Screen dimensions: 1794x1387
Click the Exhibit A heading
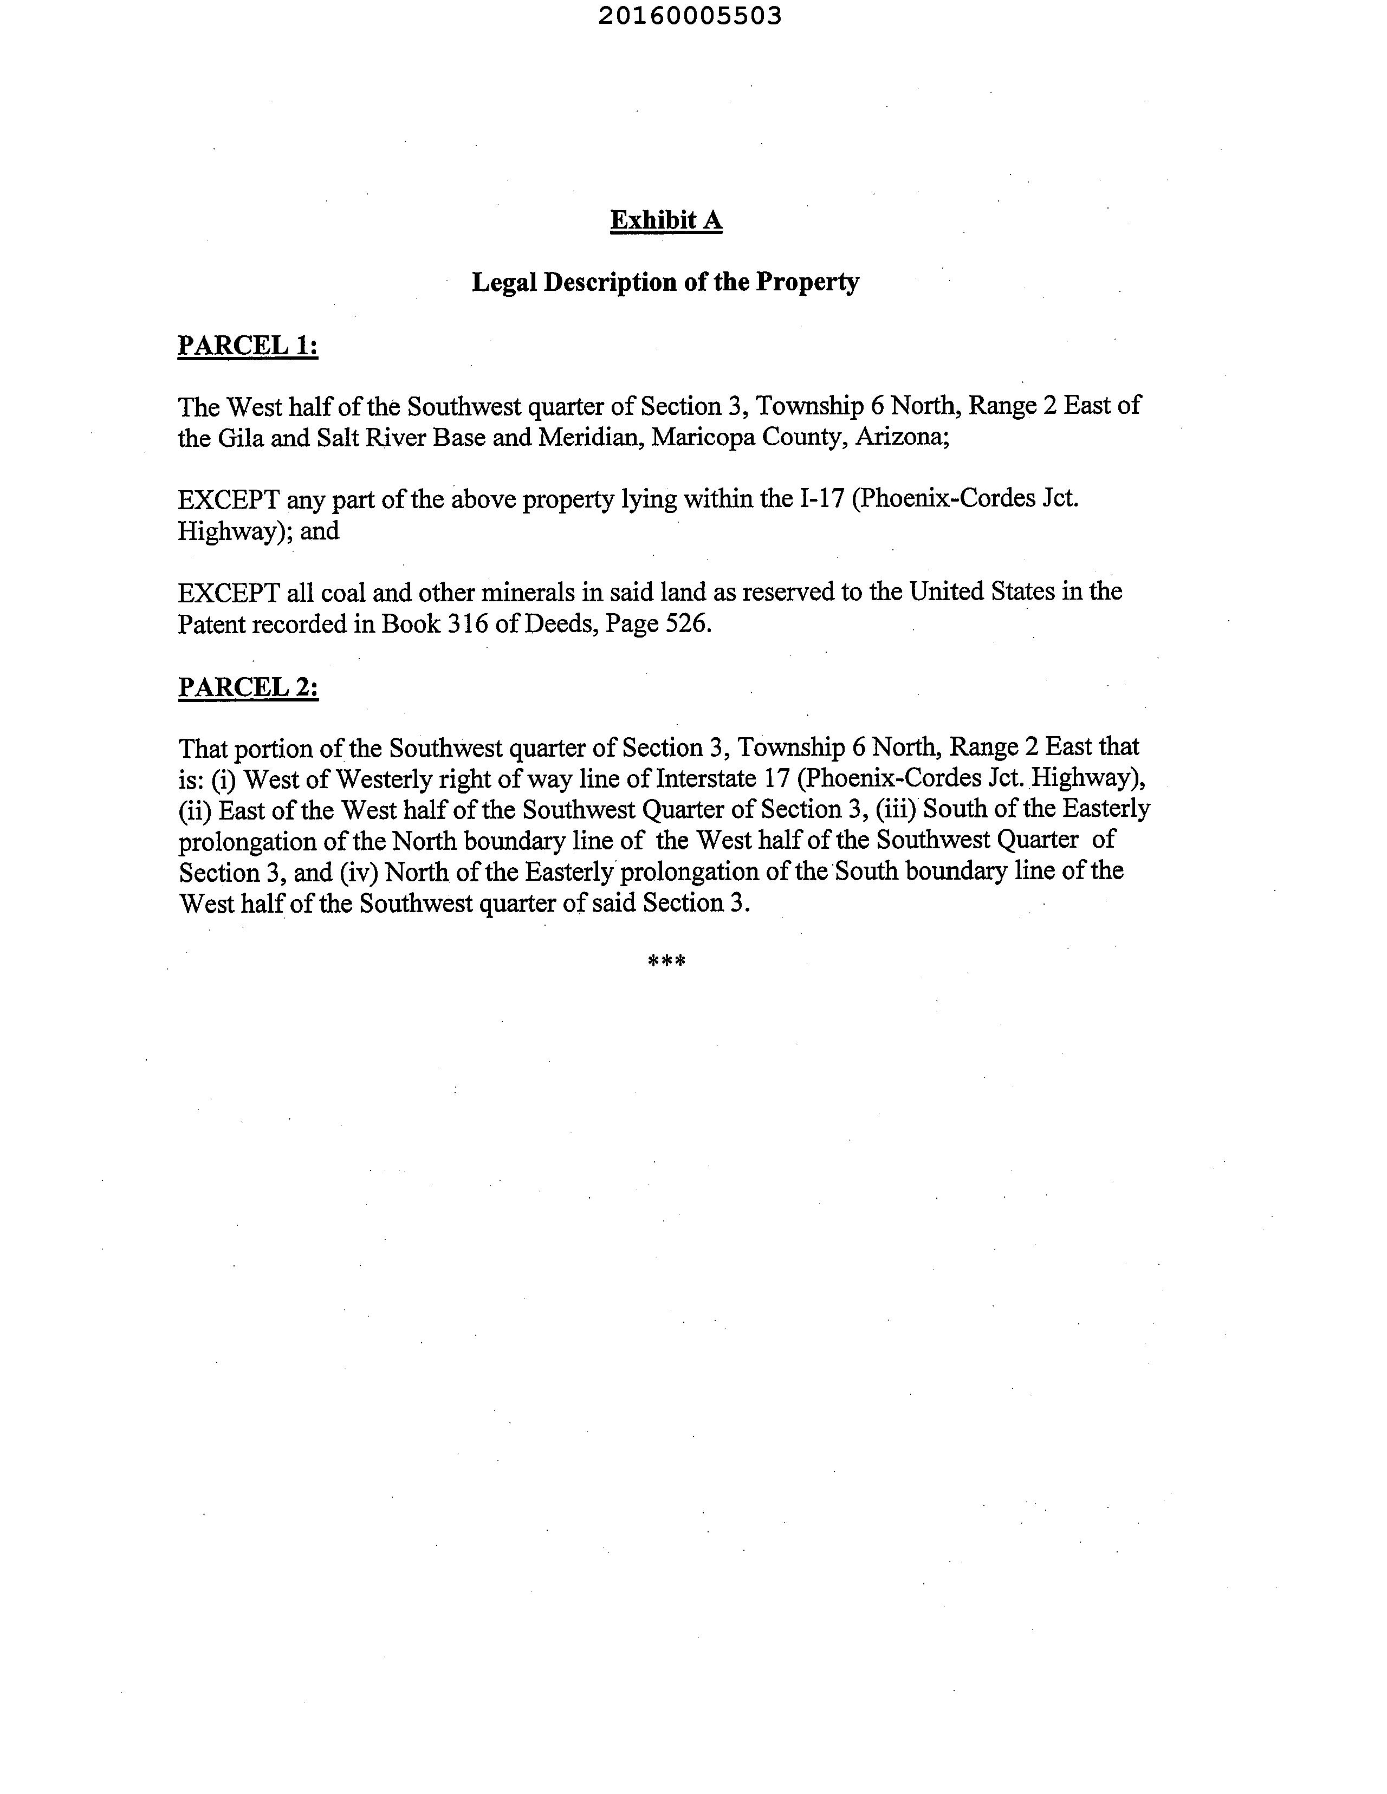pyautogui.click(x=665, y=220)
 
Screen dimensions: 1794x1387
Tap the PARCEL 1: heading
pyautogui.click(x=247, y=346)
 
